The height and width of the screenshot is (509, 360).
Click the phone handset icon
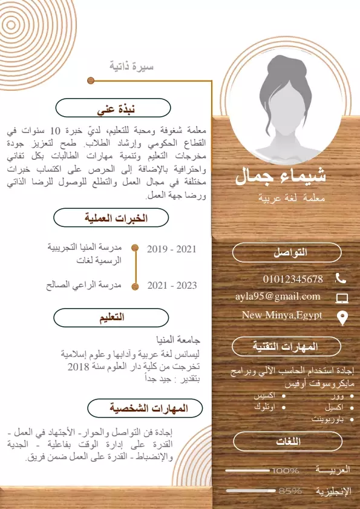pos(341,278)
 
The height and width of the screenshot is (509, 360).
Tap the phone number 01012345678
pos(293,279)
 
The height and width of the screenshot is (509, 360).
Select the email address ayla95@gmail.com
pos(278,297)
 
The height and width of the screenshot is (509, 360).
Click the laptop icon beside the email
pos(342,298)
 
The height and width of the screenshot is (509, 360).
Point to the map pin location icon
pos(342,317)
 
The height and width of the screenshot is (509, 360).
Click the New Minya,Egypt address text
pos(282,315)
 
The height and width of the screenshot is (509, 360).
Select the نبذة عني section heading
pos(117,109)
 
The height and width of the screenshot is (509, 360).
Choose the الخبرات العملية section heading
pos(119,218)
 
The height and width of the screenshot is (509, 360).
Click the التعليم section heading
pos(112,317)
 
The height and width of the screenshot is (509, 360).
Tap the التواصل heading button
pos(287,253)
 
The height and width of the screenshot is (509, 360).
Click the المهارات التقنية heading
pos(287,347)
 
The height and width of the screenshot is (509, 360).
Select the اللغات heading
pos(287,442)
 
